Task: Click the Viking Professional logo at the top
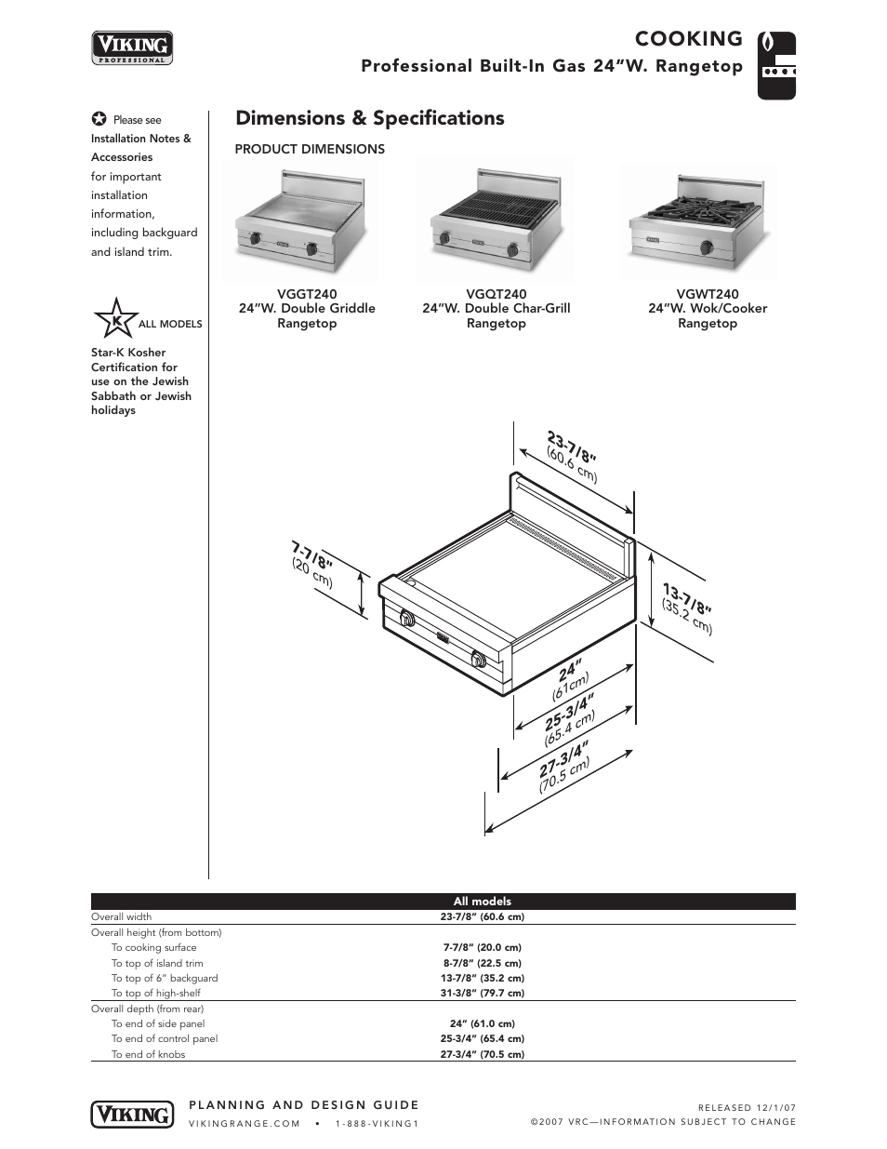pos(132,47)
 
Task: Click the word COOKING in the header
pos(688,39)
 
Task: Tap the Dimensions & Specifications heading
pos(369,118)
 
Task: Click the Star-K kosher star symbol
pos(115,320)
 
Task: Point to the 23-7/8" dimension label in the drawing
pos(569,448)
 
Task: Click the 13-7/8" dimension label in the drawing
pos(687,598)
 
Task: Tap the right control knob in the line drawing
pos(478,660)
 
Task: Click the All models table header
pos(482,901)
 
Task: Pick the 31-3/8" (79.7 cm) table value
pos(482,993)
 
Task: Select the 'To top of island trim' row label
pos(157,963)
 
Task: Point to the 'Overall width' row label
pos(121,916)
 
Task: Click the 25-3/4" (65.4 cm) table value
pos(482,1038)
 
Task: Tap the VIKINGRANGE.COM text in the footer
pos(245,1123)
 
